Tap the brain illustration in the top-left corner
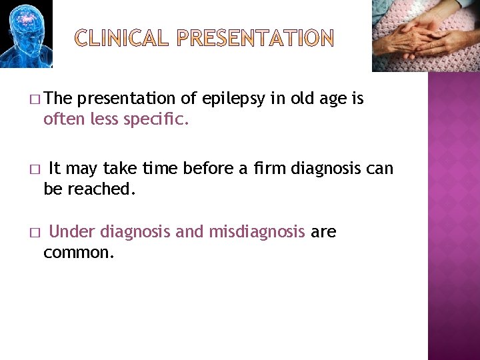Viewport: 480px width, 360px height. pos(26,33)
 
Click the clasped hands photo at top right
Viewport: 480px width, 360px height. pos(425,35)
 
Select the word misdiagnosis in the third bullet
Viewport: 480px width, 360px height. pos(257,233)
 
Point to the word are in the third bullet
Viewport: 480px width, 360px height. pos(323,233)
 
